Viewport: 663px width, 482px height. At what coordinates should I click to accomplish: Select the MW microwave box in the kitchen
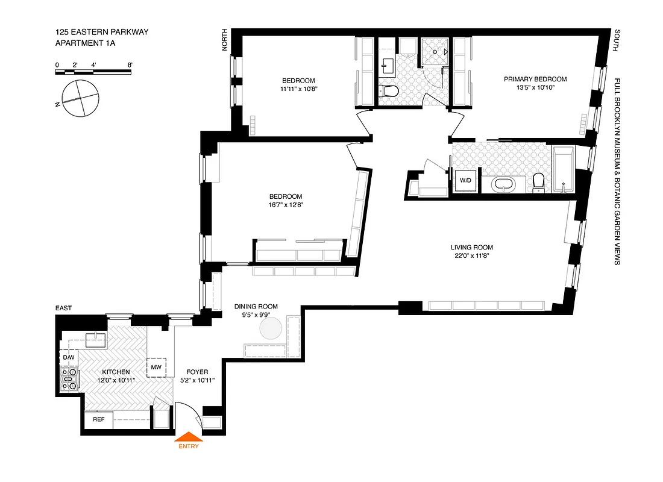[156, 368]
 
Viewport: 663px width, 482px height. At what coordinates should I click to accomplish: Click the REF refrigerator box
[98, 420]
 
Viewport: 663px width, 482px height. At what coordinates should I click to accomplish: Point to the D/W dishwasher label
[68, 358]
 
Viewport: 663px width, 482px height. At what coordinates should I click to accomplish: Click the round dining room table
[271, 328]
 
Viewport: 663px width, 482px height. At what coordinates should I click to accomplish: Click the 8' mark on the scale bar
[130, 64]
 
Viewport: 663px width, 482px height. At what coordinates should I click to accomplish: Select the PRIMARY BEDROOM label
[535, 80]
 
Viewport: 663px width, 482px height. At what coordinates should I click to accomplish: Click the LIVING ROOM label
[472, 248]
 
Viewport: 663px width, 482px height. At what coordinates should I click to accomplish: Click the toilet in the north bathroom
[389, 92]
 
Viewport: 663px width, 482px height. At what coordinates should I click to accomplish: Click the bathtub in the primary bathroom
[564, 171]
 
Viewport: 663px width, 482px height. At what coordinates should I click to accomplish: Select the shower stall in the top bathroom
[435, 52]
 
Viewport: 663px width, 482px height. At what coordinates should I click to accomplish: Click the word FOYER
[197, 372]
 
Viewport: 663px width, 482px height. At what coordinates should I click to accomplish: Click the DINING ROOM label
[256, 307]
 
